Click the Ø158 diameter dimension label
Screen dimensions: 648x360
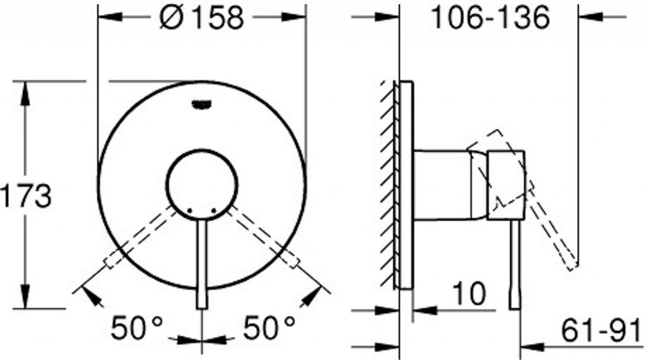pos(202,17)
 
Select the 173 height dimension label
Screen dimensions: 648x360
pos(25,196)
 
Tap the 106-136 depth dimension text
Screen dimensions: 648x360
pos(490,17)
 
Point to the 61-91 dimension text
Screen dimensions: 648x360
pos(601,331)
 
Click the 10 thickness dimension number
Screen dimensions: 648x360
pos(470,294)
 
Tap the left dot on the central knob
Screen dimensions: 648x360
pos(190,211)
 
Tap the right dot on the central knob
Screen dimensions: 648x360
pos(214,211)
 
